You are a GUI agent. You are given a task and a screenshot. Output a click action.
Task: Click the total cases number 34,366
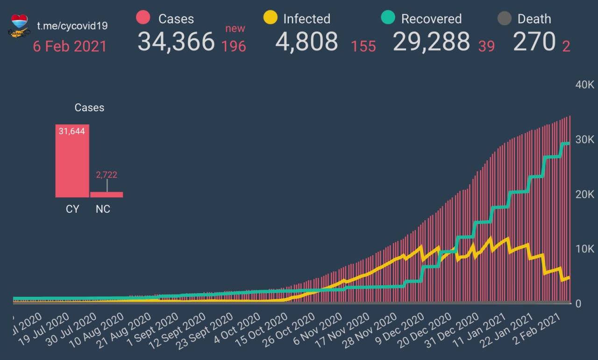(176, 42)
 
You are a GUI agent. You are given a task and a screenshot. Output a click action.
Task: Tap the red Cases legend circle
(143, 18)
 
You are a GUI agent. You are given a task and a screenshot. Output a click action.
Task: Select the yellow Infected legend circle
(270, 18)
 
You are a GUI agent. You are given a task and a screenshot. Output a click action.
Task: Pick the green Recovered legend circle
(388, 18)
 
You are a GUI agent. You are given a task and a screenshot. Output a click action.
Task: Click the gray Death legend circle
(504, 19)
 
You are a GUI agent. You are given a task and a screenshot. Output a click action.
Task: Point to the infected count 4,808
(306, 42)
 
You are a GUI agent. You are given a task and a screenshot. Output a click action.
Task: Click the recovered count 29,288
(431, 42)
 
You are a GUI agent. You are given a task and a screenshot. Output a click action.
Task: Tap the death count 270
(534, 42)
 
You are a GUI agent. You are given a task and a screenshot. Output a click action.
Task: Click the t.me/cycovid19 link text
(72, 25)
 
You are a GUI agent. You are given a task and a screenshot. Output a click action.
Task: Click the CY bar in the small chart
(72, 161)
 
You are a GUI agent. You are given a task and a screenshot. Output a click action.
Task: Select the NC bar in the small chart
(107, 194)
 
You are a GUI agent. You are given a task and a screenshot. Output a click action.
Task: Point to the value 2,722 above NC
(107, 175)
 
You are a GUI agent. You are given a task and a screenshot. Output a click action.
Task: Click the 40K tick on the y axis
(584, 85)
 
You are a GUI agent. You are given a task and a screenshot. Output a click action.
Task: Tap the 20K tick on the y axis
(584, 194)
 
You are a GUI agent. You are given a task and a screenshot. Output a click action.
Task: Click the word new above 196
(235, 29)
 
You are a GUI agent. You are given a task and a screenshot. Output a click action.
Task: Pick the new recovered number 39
(486, 46)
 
